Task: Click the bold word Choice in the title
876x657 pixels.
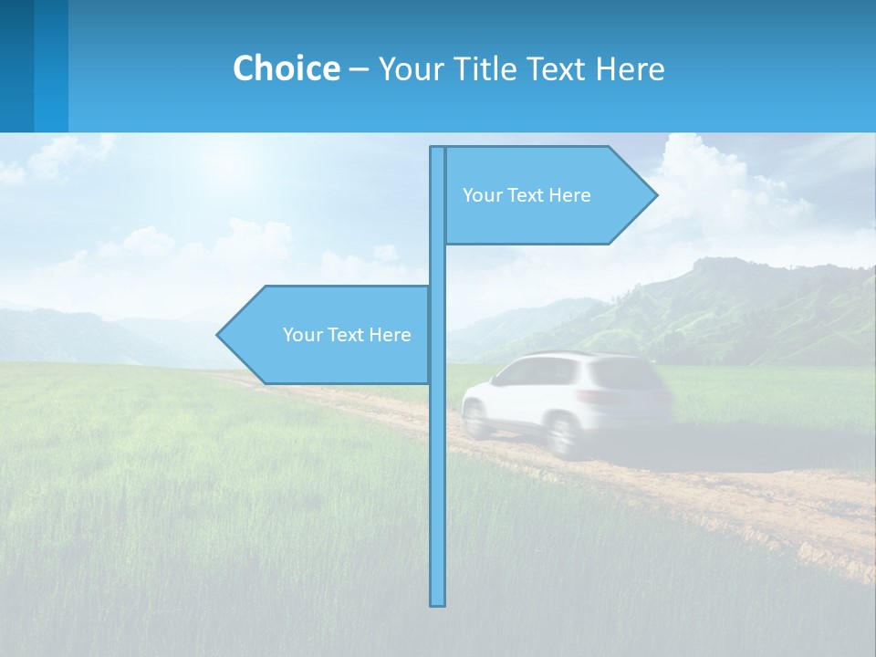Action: tap(286, 68)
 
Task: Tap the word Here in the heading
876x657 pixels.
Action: tap(630, 68)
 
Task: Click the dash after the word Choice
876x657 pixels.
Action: tap(359, 69)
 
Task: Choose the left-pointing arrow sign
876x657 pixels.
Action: tap(324, 335)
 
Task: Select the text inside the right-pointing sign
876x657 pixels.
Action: tap(527, 195)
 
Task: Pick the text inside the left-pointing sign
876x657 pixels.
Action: tap(347, 335)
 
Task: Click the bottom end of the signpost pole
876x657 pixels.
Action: tap(438, 601)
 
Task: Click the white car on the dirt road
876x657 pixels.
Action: tap(566, 401)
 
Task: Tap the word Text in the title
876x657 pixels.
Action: tap(558, 68)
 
